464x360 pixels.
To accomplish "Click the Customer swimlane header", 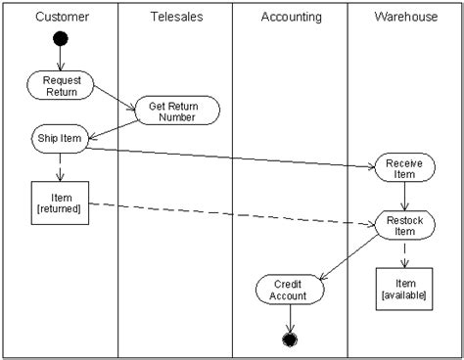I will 61,17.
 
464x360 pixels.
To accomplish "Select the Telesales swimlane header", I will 176,17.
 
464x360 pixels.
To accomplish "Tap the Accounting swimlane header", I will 291,17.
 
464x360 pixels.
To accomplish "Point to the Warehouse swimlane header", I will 405,17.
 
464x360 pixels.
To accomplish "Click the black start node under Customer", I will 61,40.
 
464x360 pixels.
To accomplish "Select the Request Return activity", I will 61,85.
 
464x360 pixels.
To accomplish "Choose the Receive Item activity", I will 403,169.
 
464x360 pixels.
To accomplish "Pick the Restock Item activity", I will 403,226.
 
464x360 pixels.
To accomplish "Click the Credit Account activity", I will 290,289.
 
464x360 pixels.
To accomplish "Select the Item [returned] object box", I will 61,202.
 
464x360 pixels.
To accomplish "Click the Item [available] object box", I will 403,289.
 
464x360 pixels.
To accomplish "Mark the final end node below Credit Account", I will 290,339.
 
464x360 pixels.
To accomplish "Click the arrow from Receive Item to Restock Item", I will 403,198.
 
